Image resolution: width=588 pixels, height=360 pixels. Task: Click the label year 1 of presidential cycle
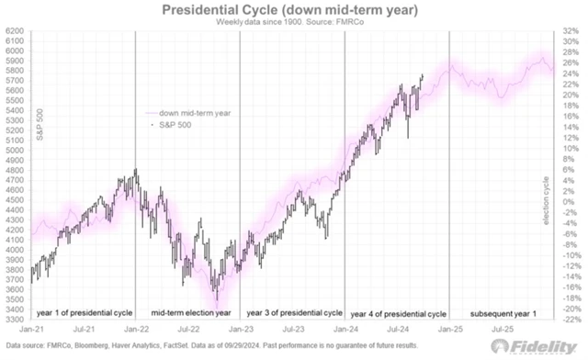[x=81, y=312]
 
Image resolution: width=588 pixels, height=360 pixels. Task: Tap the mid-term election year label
[x=187, y=312]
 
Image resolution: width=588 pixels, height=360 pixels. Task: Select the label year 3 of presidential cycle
[x=292, y=312]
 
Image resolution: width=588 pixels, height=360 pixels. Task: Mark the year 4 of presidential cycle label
[x=397, y=312]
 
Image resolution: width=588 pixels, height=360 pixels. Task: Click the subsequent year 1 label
[x=498, y=312]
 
